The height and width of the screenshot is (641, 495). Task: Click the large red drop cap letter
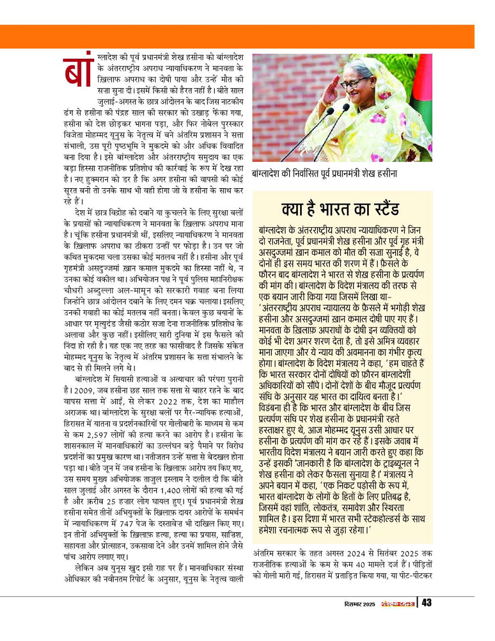tap(79, 70)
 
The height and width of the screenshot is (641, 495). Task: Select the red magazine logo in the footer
tap(398, 603)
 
